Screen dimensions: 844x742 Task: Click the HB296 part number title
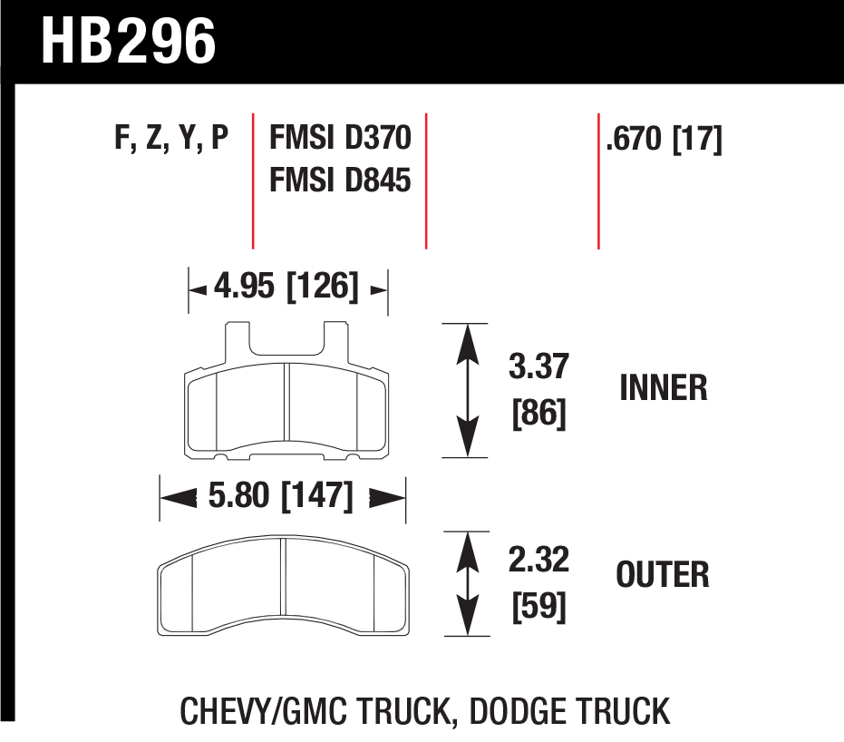point(128,41)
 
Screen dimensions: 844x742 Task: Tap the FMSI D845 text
point(340,180)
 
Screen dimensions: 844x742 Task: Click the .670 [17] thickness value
point(664,139)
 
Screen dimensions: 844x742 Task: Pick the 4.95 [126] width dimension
point(286,286)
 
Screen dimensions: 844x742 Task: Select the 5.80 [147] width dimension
point(280,495)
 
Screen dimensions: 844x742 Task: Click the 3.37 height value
point(538,366)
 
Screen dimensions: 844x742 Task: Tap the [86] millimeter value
point(538,414)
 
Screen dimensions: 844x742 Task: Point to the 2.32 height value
point(538,559)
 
